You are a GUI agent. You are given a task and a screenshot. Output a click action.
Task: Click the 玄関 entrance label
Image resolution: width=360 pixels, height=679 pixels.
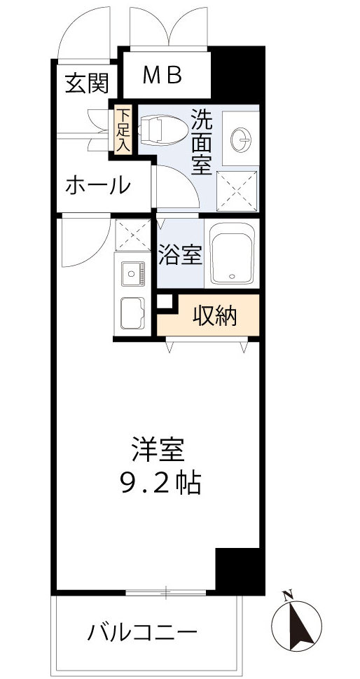[x=88, y=84]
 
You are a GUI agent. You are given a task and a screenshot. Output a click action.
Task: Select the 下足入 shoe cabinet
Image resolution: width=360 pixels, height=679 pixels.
[x=123, y=130]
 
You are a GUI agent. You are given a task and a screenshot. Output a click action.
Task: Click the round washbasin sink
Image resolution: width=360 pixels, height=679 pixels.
[x=242, y=139]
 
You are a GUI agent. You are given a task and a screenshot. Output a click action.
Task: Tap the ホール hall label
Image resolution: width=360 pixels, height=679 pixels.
[x=98, y=186]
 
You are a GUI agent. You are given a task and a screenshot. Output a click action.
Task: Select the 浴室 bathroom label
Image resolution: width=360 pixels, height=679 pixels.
[x=180, y=256]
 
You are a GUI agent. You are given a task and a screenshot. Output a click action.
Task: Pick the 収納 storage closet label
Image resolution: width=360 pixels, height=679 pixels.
[x=215, y=316]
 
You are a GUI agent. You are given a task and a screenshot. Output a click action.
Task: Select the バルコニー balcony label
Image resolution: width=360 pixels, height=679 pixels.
[x=141, y=633]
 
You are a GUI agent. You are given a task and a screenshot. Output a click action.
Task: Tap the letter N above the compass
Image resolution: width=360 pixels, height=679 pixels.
[x=287, y=596]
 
